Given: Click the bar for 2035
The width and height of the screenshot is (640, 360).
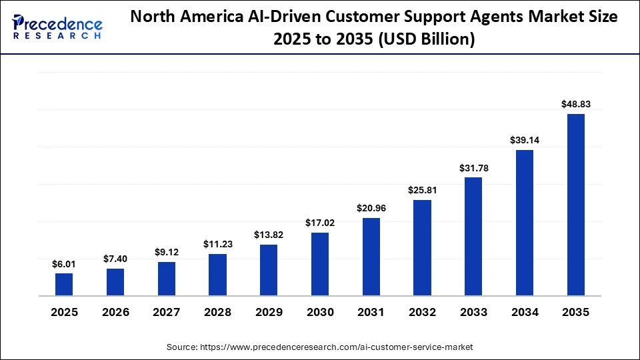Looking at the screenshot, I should tap(575, 205).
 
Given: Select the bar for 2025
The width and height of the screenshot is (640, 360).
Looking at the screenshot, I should tap(64, 285).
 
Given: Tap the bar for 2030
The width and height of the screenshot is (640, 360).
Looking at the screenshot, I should tap(320, 264).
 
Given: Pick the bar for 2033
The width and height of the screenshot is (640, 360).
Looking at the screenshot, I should tap(473, 237).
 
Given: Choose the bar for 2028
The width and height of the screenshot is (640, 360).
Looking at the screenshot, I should tap(217, 275).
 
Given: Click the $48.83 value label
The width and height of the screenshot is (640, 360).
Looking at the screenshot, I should tap(576, 104).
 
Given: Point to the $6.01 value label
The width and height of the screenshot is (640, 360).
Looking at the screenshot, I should tap(64, 264).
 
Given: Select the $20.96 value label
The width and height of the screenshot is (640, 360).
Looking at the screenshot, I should tap(371, 208).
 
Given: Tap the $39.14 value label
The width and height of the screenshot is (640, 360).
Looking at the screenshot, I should tap(525, 140).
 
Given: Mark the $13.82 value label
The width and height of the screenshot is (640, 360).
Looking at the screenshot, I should tap(269, 235).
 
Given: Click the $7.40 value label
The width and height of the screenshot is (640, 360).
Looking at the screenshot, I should tap(115, 259).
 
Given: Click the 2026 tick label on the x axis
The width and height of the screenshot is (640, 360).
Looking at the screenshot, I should tap(115, 312).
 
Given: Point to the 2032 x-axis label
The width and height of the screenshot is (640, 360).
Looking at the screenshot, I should tap(422, 312).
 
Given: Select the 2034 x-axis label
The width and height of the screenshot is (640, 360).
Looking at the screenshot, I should tap(525, 312).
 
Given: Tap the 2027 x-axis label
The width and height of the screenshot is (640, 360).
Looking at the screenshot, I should tap(167, 312).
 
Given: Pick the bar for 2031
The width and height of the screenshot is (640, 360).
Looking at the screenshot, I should tap(371, 257).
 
